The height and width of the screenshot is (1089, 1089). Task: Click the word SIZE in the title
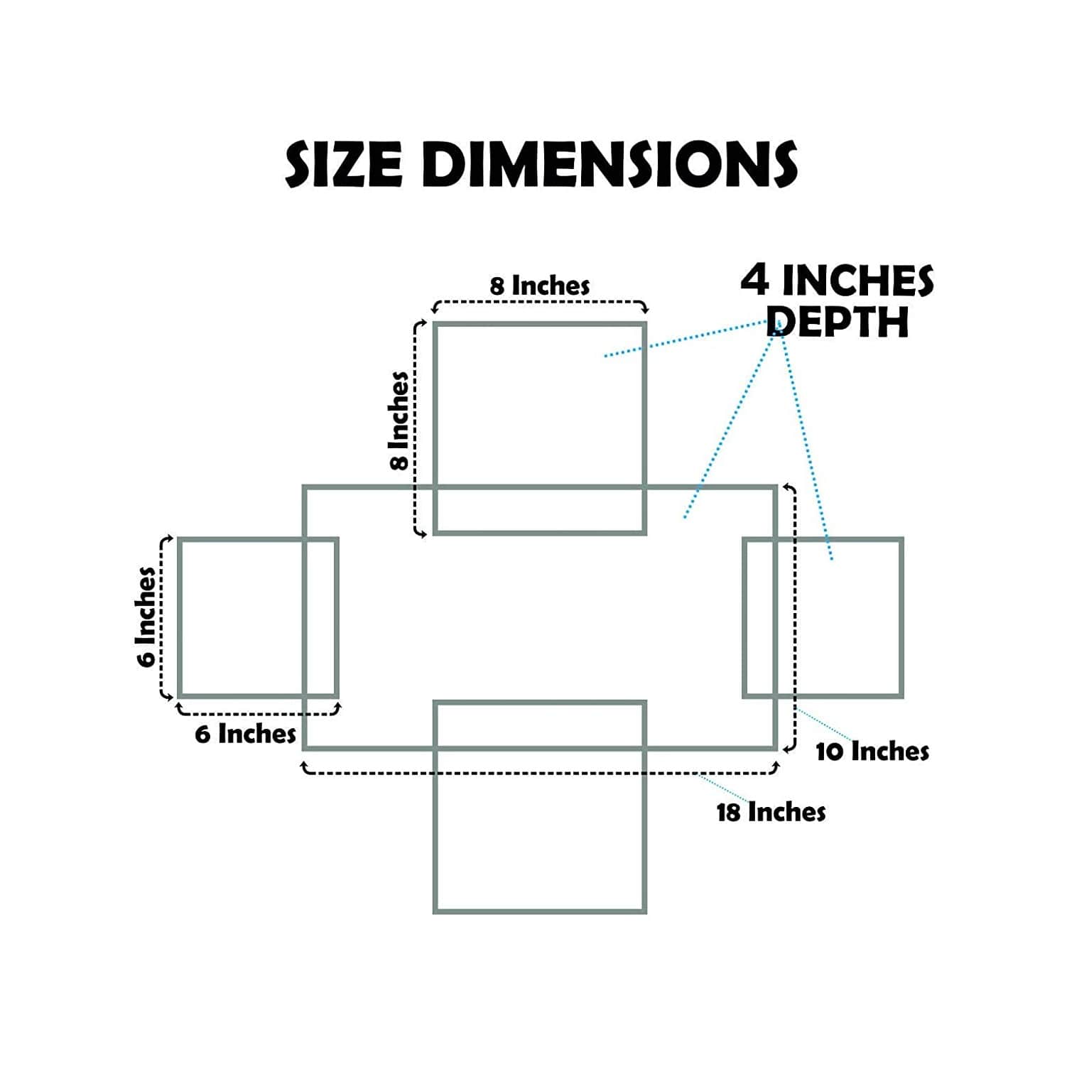point(344,164)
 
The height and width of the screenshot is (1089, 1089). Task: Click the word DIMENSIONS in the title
point(609,164)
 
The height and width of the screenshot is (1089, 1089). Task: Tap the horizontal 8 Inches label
point(540,286)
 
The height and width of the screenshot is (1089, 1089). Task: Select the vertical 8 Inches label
point(399,421)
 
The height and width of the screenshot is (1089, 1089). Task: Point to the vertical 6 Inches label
point(146,617)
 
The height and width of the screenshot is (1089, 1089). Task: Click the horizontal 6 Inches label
point(246,734)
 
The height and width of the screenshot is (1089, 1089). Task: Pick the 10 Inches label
point(872,752)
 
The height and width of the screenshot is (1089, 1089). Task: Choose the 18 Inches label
point(771,812)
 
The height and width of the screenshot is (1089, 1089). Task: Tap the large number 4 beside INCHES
point(755,280)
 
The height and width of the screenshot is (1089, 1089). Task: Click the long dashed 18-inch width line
point(540,771)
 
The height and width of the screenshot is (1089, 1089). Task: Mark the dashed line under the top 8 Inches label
point(540,303)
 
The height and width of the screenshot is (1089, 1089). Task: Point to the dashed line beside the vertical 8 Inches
point(416,428)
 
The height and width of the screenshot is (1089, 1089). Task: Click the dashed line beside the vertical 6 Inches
point(162,617)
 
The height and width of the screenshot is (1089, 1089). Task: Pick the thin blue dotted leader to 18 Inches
point(725,789)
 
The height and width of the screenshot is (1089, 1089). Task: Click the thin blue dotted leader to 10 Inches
point(825,725)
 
